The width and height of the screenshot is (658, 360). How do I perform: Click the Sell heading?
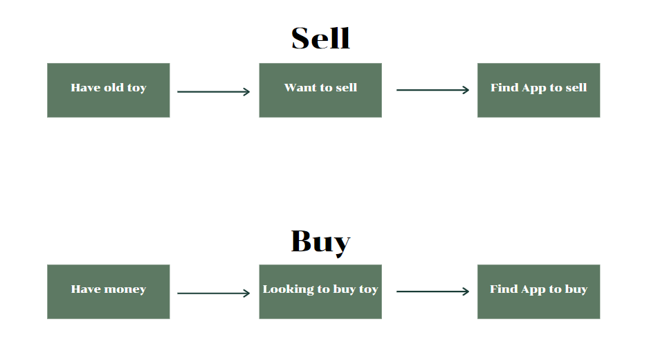tap(320, 38)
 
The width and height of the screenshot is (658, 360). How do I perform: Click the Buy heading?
tap(320, 242)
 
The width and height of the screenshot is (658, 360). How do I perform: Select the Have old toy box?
tap(108, 90)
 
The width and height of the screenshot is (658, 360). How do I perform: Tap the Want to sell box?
tap(320, 90)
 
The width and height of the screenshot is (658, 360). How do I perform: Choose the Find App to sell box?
tap(538, 90)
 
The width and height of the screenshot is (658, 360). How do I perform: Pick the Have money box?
tap(108, 291)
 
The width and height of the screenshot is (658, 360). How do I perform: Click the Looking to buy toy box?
tap(320, 291)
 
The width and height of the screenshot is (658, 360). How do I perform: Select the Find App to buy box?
tap(538, 291)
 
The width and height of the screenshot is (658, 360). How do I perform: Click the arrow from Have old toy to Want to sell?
tap(214, 91)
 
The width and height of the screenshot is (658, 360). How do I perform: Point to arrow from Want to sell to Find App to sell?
tap(432, 90)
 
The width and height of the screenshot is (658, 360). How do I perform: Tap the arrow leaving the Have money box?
tap(214, 294)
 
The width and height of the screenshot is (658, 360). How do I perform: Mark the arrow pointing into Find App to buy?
tap(432, 291)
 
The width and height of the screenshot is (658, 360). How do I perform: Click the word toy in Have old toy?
tap(137, 88)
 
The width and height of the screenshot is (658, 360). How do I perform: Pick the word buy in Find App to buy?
tap(576, 289)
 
